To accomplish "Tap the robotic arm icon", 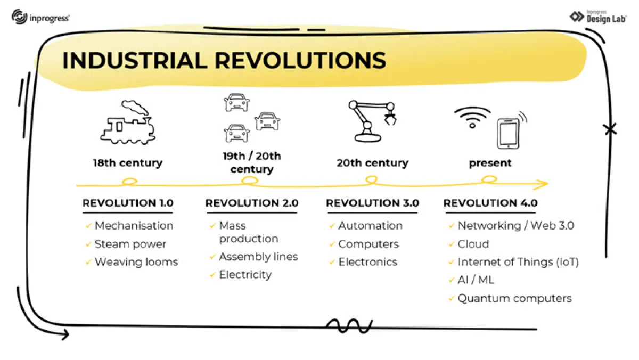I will (372, 121).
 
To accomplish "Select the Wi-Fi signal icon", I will (472, 118).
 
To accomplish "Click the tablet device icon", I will (508, 134).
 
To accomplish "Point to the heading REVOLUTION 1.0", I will (128, 203).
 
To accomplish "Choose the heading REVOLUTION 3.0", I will (372, 203).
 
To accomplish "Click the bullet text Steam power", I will (130, 244).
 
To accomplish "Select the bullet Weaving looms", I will (136, 262).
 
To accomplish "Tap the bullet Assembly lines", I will (258, 257).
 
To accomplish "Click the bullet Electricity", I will (245, 275).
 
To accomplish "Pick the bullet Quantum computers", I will (514, 298).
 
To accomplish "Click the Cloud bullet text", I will (473, 244).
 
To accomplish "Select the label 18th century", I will (128, 163).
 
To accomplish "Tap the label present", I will (490, 163).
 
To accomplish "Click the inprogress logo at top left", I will (40, 17).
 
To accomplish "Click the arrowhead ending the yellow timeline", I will (544, 185).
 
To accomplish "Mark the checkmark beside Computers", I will (332, 244).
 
